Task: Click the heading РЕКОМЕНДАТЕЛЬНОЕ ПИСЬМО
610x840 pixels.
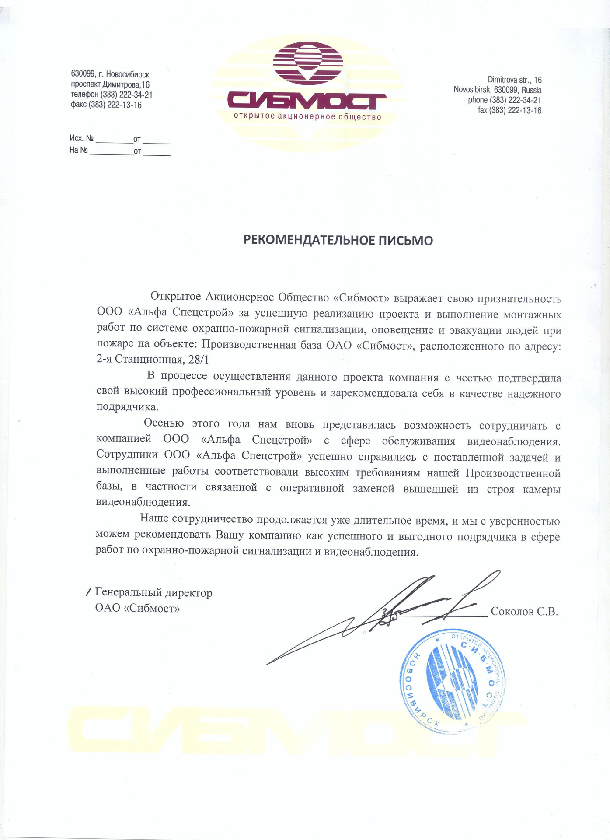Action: [338, 240]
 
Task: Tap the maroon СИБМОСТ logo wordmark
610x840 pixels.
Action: [307, 101]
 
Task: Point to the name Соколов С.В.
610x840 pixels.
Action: [524, 611]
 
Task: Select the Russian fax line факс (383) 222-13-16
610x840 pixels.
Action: [106, 105]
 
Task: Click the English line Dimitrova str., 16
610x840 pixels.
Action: [514, 80]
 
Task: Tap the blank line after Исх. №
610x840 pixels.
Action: [114, 140]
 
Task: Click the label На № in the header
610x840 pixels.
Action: [79, 150]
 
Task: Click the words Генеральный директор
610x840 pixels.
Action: [153, 593]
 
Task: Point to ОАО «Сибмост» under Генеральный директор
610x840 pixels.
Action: [137, 609]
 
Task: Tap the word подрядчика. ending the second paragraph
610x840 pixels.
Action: [127, 407]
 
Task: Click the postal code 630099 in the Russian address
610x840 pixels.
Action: [83, 74]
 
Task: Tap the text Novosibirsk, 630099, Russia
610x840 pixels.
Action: [497, 90]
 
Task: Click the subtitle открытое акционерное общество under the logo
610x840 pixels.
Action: [307, 116]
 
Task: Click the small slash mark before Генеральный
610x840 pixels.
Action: [89, 592]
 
